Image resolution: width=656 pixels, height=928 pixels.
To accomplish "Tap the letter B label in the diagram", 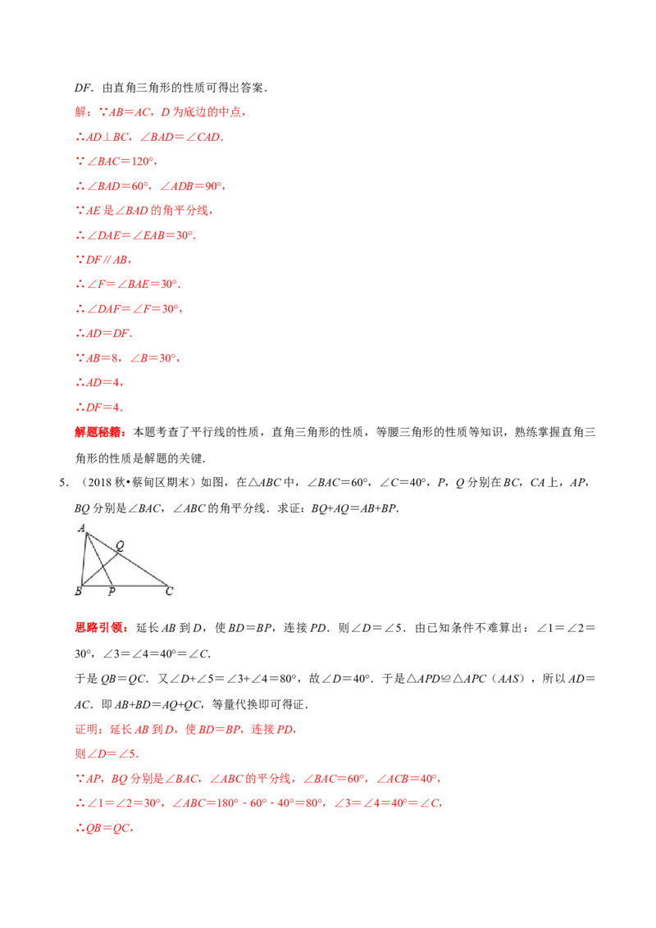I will pos(77,591).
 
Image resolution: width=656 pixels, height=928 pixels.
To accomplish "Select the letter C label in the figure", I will pos(169,590).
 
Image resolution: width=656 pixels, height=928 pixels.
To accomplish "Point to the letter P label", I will pos(112,592).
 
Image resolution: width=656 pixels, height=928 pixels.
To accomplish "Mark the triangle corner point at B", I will pos(81,585).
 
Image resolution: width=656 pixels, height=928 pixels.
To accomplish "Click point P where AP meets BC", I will pos(112,585).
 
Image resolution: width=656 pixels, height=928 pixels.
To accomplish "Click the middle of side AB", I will pos(84,560).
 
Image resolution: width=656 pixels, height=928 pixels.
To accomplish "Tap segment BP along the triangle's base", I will pos(96,585).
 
